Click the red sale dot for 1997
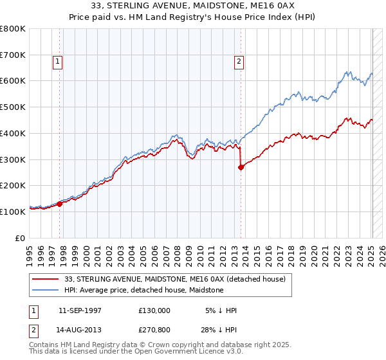60,204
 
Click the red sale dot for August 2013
241,167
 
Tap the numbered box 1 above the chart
58,62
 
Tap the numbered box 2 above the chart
239,62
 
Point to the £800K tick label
13,29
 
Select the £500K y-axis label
13,107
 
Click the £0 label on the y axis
21,238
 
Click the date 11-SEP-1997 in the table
80,310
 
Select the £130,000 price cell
154,310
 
